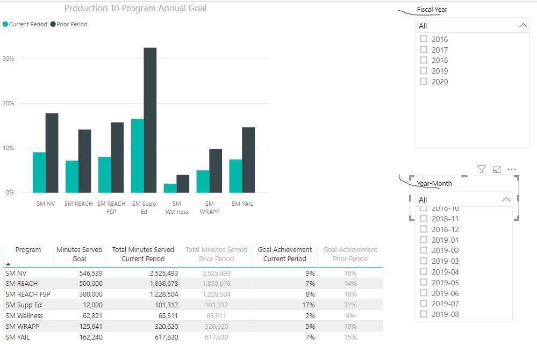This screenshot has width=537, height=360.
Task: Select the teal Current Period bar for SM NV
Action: pyautogui.click(x=39, y=172)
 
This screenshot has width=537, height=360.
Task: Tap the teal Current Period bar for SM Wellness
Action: pyautogui.click(x=170, y=188)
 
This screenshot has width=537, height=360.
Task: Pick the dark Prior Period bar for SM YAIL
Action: pyautogui.click(x=248, y=160)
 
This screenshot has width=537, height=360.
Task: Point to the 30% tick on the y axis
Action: pyautogui.click(x=9, y=59)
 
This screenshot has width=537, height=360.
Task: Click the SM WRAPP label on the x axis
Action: pyautogui.click(x=210, y=207)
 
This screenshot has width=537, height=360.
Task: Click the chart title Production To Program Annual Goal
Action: pyautogui.click(x=135, y=8)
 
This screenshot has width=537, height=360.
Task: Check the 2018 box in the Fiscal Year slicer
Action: pyautogui.click(x=424, y=60)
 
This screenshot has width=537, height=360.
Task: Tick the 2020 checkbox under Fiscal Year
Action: pyautogui.click(x=424, y=82)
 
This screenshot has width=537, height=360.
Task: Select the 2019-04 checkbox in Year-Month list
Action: pyautogui.click(x=424, y=272)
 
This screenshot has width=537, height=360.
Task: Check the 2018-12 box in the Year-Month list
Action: pyautogui.click(x=424, y=229)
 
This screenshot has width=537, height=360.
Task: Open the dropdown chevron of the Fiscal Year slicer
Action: pyautogui.click(x=523, y=26)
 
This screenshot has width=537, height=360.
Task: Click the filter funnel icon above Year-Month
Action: pyautogui.click(x=482, y=170)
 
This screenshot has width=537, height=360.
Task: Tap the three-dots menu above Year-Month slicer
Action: pyautogui.click(x=512, y=170)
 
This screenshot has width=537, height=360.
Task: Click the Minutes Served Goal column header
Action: pyautogui.click(x=79, y=254)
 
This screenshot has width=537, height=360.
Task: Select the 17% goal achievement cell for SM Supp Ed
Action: pyautogui.click(x=309, y=305)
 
